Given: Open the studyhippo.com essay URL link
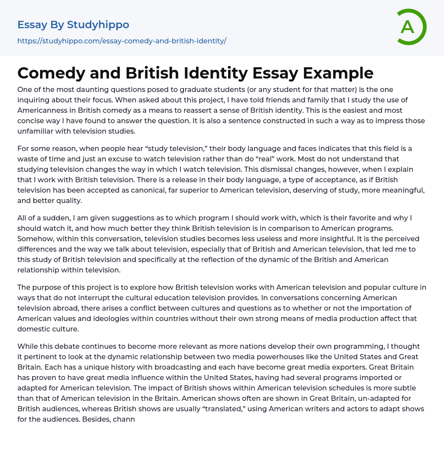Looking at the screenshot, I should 122,41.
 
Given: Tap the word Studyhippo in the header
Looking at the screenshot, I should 98,25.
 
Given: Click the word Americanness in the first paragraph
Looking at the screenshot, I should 39,110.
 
